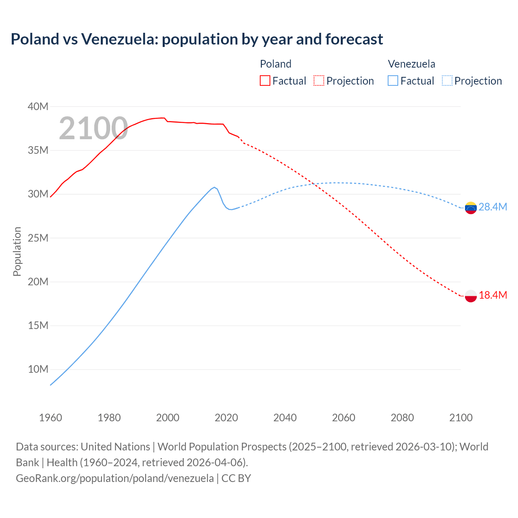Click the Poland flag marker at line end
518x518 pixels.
[471, 296]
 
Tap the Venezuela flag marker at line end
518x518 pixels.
[471, 208]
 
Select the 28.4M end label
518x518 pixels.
[493, 207]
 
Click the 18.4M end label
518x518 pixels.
[493, 295]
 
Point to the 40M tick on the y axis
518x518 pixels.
[38, 107]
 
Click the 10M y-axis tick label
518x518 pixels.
[38, 369]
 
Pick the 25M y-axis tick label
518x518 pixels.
[38, 238]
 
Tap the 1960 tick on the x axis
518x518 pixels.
[51, 418]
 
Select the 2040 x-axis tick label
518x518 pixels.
[285, 418]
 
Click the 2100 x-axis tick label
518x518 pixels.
[461, 418]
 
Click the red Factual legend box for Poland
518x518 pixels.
[265, 81]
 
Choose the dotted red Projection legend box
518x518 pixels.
[319, 81]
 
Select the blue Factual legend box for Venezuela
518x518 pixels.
[393, 81]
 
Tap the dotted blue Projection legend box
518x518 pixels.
[447, 81]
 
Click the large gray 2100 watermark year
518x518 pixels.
[93, 128]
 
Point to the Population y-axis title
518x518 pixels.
[17, 251]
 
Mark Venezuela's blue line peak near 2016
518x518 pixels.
[214, 187]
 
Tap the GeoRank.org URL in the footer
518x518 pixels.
[115, 478]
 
